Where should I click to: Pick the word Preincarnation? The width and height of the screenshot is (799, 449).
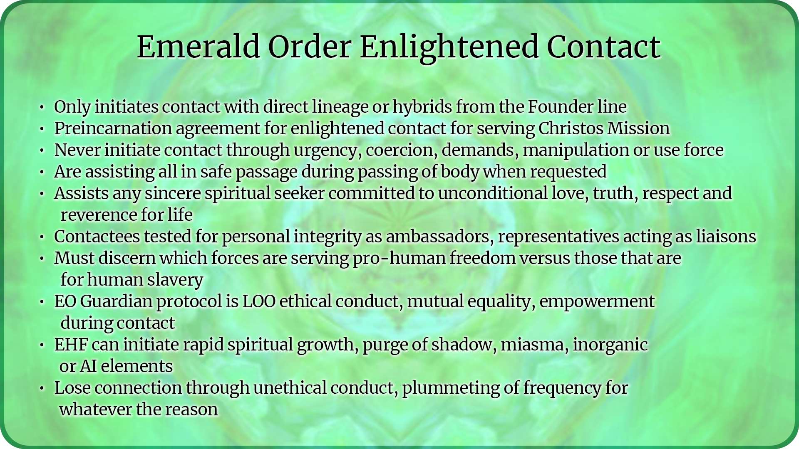tap(113, 128)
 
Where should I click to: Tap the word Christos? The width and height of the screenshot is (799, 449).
tap(571, 128)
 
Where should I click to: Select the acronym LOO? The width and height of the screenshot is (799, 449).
tap(259, 301)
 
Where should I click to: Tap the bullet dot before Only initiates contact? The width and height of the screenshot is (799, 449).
tap(42, 108)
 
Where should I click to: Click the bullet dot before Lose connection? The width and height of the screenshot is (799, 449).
tap(42, 389)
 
